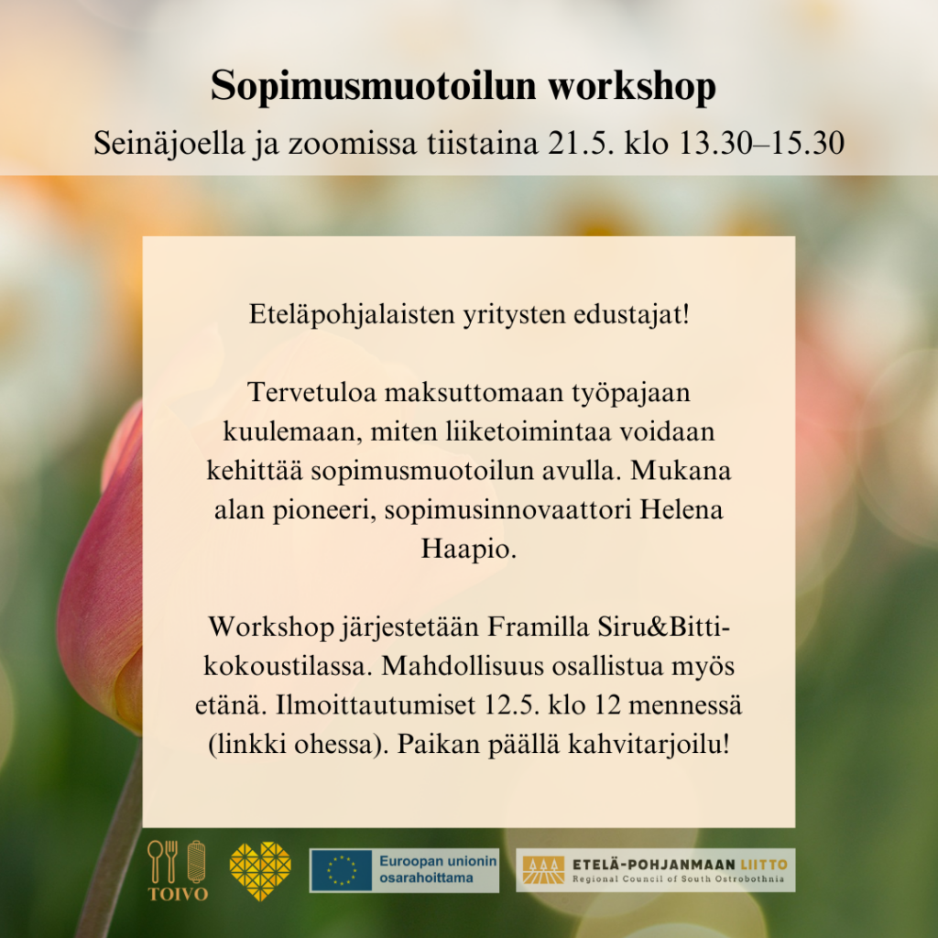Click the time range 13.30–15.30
[x=761, y=144]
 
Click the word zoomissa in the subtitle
[x=353, y=144]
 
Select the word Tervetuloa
[x=311, y=393]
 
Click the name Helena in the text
[x=682, y=509]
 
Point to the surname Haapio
[x=468, y=550]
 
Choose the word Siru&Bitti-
[x=663, y=627]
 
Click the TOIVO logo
[x=178, y=870]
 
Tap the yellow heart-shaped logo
[x=260, y=871]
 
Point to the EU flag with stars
[x=342, y=870]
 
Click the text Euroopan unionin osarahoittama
[x=438, y=870]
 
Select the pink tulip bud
[x=101, y=574]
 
